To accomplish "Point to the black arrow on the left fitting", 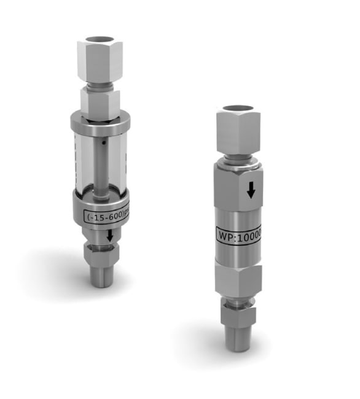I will (109, 235).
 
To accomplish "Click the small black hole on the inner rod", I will (104, 143).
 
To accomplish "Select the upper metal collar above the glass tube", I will (100, 122).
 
